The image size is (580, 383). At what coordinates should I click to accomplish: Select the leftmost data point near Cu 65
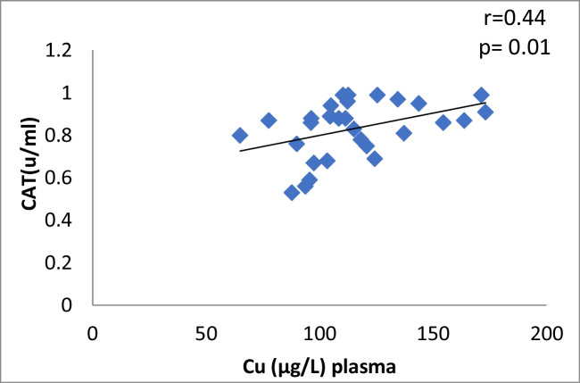point(239,136)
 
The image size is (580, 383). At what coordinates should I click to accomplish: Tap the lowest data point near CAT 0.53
point(291,193)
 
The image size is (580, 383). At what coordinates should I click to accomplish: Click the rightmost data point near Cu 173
point(485,112)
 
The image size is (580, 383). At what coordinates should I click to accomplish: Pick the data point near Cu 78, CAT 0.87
point(269,121)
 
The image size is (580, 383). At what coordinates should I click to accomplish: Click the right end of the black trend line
point(485,103)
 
